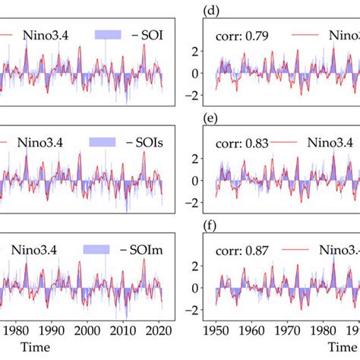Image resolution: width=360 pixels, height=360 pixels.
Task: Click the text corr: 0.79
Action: point(242,34)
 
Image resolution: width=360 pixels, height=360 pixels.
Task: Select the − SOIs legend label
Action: point(150,142)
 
